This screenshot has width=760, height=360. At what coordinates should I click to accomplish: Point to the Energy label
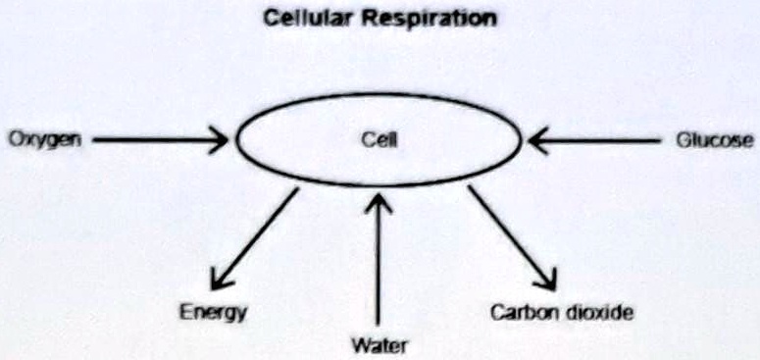212,313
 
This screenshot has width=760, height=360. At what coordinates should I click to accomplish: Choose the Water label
378,344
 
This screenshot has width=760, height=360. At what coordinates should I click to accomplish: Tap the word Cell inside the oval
378,140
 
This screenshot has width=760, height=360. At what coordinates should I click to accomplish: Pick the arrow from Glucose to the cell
598,140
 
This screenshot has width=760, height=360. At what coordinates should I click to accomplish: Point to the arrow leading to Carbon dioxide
511,235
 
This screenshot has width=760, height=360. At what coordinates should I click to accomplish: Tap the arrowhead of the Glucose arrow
538,140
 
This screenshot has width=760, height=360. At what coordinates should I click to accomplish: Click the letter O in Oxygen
15,140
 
